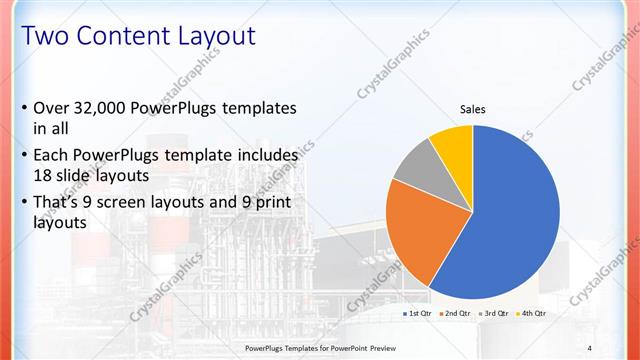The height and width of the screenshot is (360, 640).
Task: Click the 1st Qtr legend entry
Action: click(417, 314)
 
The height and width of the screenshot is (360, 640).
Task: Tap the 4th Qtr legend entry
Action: click(532, 314)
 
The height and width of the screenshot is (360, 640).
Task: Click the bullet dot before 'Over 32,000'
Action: click(24, 108)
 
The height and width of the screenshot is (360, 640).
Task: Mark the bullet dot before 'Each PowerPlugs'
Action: click(24, 156)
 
